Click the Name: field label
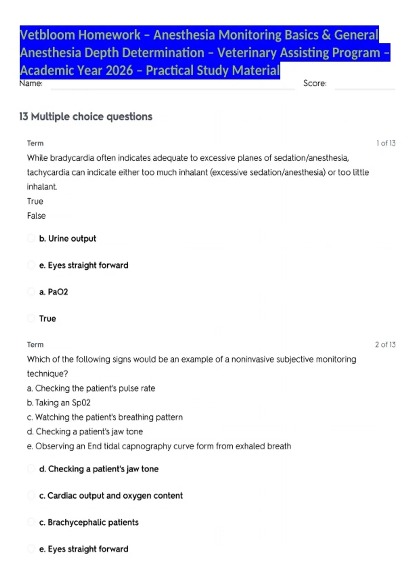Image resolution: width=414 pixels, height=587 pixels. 31,84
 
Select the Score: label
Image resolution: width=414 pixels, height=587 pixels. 315,84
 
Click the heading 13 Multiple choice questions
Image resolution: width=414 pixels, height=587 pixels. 86,117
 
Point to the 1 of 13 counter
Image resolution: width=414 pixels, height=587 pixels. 386,143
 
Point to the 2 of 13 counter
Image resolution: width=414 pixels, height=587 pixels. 385,345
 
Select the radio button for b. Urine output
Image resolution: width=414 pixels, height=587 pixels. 31,238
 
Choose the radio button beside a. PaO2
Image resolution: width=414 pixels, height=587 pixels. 31,292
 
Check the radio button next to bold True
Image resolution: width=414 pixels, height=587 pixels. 31,318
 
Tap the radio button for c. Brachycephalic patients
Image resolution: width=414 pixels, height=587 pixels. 31,522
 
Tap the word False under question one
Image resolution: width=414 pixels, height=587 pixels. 36,216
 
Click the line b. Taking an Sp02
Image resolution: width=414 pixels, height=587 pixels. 59,403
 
